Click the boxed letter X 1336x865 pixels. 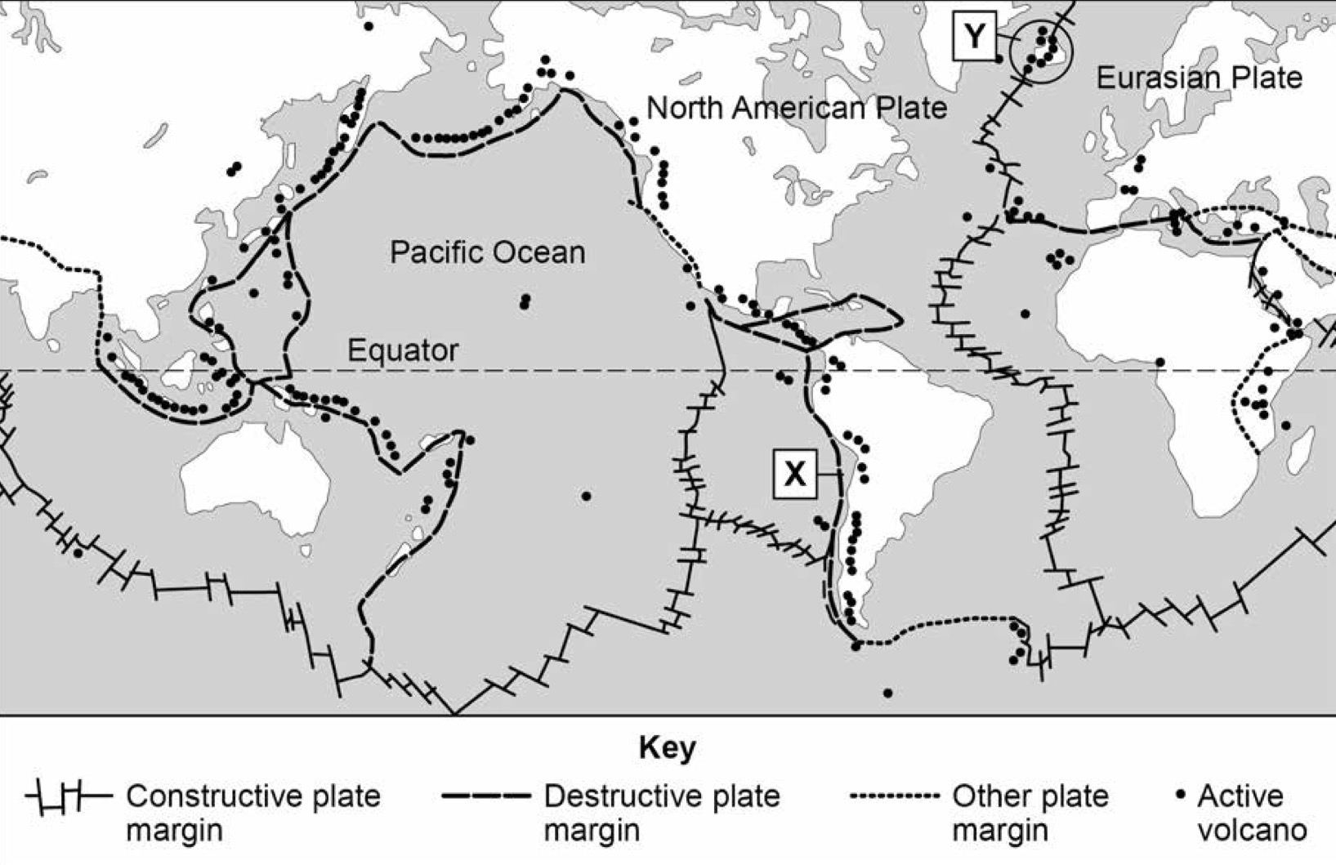click(x=794, y=474)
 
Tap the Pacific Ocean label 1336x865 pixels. click(x=487, y=252)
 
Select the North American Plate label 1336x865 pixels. click(x=797, y=108)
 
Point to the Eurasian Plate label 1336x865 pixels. click(x=1199, y=78)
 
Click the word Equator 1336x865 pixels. click(x=403, y=350)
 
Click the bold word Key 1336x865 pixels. click(x=667, y=747)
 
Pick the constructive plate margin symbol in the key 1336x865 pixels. click(x=69, y=796)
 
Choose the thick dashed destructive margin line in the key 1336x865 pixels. click(x=486, y=796)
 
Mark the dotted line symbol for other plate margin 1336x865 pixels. click(x=895, y=796)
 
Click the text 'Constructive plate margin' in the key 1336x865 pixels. click(x=253, y=813)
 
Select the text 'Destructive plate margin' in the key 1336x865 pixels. click(x=662, y=813)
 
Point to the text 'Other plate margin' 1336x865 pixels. click(x=1030, y=813)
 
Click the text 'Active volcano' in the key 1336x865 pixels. click(x=1251, y=813)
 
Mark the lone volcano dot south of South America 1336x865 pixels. click(x=888, y=693)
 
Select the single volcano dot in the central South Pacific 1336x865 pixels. click(x=586, y=496)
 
